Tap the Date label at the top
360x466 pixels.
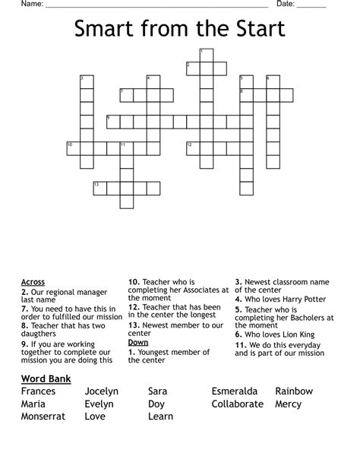point(286,4)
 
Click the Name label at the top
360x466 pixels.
point(31,4)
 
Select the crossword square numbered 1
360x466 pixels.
point(206,55)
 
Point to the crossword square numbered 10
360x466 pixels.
point(73,147)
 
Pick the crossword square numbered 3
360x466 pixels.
point(87,82)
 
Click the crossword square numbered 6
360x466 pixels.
point(273,82)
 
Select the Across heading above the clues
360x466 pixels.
point(33,282)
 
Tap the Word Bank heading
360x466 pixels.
point(46,378)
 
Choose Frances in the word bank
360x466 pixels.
point(39,392)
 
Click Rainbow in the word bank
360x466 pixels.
point(294,392)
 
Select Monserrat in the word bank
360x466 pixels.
point(43,417)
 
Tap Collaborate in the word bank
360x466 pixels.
point(238,404)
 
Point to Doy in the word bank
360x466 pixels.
point(156,404)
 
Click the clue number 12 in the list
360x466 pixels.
point(134,307)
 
